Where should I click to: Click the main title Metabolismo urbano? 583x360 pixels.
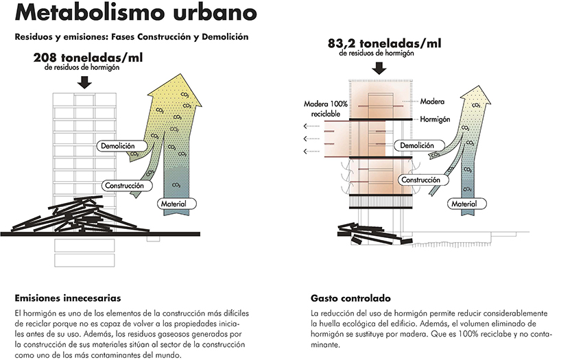click(136, 12)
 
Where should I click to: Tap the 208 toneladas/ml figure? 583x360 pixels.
click(88, 58)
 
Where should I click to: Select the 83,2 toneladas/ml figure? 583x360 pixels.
click(385, 43)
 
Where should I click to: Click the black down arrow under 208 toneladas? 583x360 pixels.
click(85, 82)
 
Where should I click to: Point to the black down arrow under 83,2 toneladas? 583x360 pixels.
click(379, 68)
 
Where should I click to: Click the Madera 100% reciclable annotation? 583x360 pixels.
click(326, 109)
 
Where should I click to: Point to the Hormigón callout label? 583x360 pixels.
click(435, 119)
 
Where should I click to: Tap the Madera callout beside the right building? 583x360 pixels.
click(432, 101)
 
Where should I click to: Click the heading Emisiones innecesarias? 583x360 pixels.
click(68, 298)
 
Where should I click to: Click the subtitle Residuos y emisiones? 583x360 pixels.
click(132, 37)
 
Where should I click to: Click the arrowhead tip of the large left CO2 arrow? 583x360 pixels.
click(181, 74)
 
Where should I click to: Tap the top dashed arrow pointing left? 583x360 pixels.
click(311, 126)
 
